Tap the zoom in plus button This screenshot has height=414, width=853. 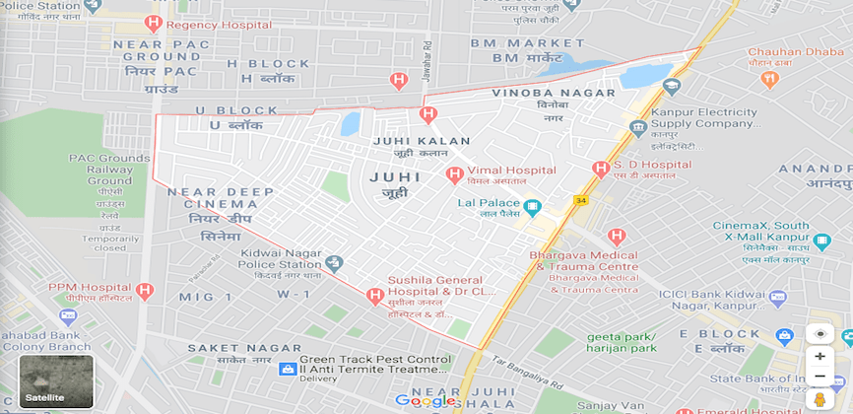coord(820,356)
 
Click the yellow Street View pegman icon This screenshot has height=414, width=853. coord(820,399)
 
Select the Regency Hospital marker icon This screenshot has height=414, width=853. coord(153,23)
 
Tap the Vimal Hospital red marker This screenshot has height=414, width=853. coord(454,174)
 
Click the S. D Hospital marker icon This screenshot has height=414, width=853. coord(600,170)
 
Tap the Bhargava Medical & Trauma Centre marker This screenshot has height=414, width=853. coord(617,237)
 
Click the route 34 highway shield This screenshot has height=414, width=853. coord(580,201)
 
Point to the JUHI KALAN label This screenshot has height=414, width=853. coord(423,141)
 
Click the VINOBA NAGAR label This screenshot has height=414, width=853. coord(553,93)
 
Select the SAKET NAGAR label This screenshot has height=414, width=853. coord(244,348)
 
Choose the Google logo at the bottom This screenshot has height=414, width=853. coord(425,400)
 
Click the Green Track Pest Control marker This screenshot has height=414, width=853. coord(288,369)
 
